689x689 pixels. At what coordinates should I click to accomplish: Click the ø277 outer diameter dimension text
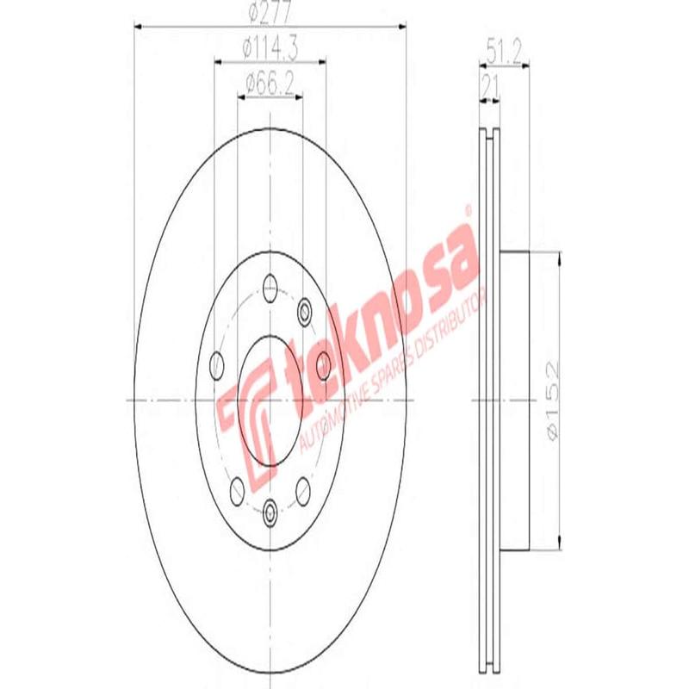point(269,14)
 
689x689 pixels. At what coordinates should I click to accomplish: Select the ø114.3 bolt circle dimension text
point(270,50)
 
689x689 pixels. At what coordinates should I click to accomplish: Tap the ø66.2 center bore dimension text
point(270,83)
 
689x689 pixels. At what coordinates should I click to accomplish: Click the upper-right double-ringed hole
point(304,310)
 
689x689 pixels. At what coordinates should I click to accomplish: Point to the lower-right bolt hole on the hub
point(303,490)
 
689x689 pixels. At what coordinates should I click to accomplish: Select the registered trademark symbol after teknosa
point(468,209)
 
